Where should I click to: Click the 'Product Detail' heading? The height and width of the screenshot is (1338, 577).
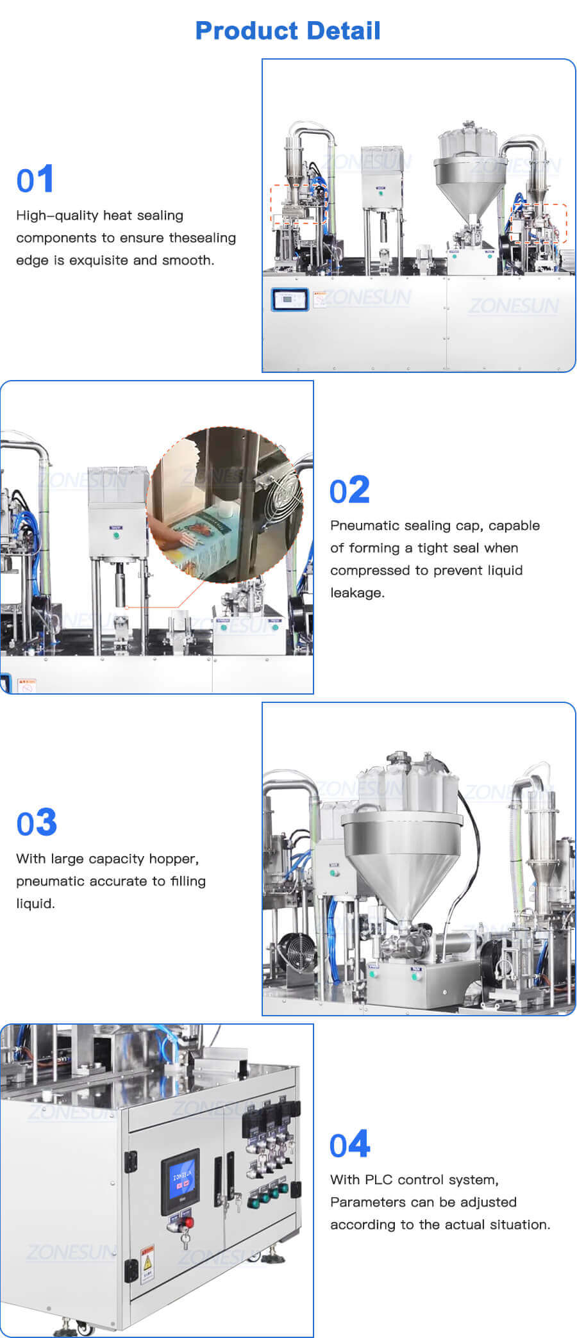pyautogui.click(x=287, y=31)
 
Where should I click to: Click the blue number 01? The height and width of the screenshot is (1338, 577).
pyautogui.click(x=35, y=179)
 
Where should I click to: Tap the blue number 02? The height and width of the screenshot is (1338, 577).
pyautogui.click(x=349, y=490)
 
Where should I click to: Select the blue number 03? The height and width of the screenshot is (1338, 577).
pyautogui.click(x=37, y=823)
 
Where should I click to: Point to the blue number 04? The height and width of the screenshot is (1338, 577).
pyautogui.click(x=349, y=1144)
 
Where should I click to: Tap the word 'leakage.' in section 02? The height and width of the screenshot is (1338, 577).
pyautogui.click(x=357, y=593)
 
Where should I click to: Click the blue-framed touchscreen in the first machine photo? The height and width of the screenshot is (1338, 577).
pyautogui.click(x=290, y=300)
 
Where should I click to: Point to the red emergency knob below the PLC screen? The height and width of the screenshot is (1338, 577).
pyautogui.click(x=188, y=1223)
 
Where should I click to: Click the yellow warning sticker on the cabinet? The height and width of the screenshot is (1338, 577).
pyautogui.click(x=147, y=1260)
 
